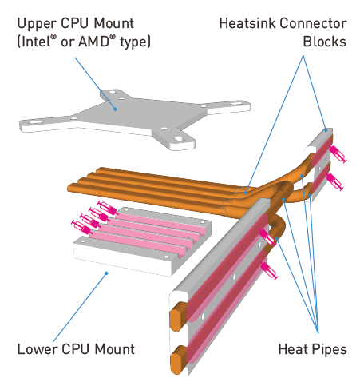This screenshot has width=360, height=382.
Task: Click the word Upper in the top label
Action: tap(37, 24)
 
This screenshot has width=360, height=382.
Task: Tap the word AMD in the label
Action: tap(97, 42)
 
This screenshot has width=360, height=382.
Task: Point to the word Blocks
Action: tap(325, 42)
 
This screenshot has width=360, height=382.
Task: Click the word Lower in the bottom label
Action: tap(37, 349)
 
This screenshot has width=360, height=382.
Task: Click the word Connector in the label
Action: tap(314, 23)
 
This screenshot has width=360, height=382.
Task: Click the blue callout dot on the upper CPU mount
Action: tap(115, 109)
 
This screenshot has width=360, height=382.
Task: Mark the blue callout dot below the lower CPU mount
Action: tap(106, 273)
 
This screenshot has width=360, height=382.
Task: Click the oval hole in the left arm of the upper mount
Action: tap(34, 122)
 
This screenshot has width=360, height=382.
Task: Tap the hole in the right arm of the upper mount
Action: tap(235, 104)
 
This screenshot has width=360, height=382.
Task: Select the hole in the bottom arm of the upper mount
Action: tap(179, 139)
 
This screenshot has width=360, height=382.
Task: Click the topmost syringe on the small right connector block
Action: tap(338, 154)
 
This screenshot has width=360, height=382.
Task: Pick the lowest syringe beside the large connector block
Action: tap(269, 270)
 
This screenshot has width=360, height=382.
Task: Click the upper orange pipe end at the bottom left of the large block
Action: tap(176, 316)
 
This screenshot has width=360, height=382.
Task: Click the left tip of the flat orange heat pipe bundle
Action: tap(69, 187)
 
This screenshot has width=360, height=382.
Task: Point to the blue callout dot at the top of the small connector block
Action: tap(326, 130)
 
